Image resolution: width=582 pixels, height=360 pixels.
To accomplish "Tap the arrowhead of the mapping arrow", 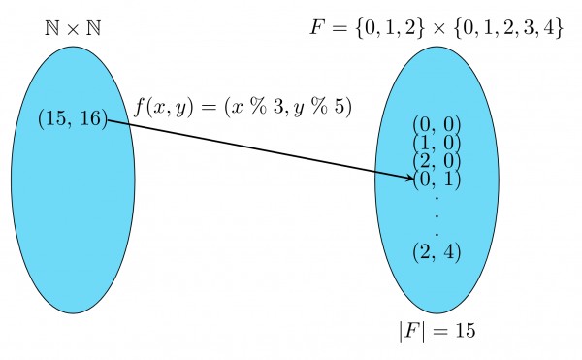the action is pyautogui.click(x=408, y=177).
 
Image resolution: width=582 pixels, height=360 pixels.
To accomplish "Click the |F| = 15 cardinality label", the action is pyautogui.click(x=436, y=330).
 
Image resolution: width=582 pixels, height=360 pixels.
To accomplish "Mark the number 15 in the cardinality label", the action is pyautogui.click(x=464, y=330).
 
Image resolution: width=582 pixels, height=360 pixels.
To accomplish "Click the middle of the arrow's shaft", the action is pyautogui.click(x=258, y=148).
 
